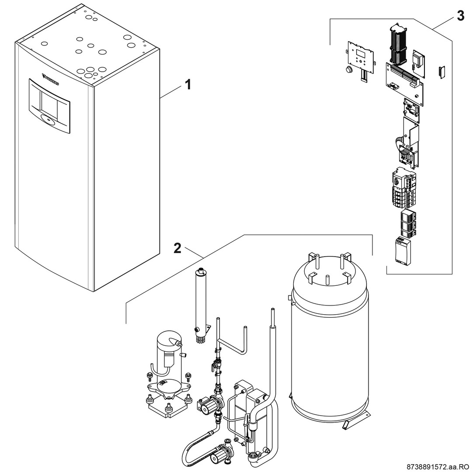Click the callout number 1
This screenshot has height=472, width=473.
(x=188, y=84)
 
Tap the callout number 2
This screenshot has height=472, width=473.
(x=177, y=248)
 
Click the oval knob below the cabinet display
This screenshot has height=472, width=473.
(x=47, y=118)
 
